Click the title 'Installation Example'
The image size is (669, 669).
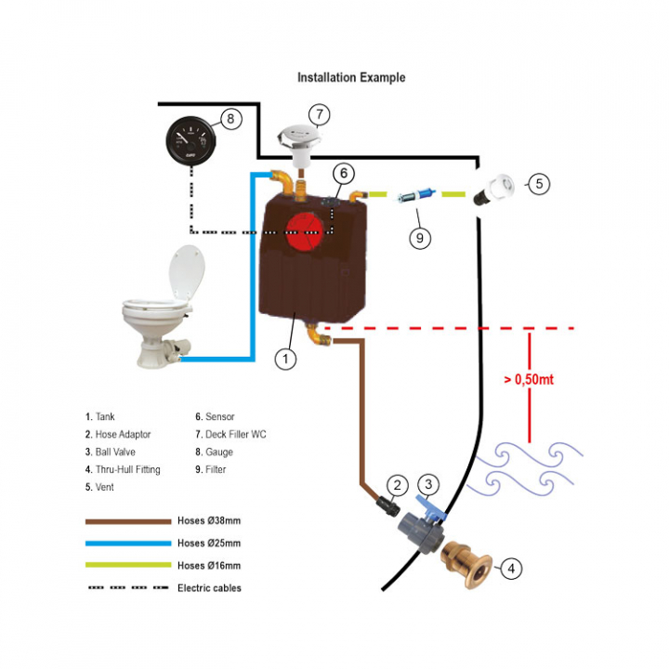tap(351, 78)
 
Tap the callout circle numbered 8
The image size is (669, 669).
tap(230, 119)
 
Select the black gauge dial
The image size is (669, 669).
tap(190, 141)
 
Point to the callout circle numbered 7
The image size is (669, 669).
tap(320, 114)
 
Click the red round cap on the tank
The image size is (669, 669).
tap(303, 233)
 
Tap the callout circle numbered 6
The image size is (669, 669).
tap(344, 173)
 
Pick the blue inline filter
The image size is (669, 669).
tap(414, 196)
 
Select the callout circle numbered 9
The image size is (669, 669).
tap(420, 238)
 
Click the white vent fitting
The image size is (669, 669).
tap(495, 190)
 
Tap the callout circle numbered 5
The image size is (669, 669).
tap(539, 184)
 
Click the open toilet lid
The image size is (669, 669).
tap(187, 271)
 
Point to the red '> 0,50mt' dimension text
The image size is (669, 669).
tap(529, 379)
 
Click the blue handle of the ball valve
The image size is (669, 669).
tap(430, 507)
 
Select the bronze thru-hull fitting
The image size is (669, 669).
tap(467, 564)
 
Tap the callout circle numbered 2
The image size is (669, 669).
tap(398, 485)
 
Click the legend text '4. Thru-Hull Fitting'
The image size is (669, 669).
tap(123, 470)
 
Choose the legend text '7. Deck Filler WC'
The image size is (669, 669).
tap(230, 434)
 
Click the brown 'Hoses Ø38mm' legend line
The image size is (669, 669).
tap(128, 521)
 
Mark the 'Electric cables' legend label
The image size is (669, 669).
tap(209, 588)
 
